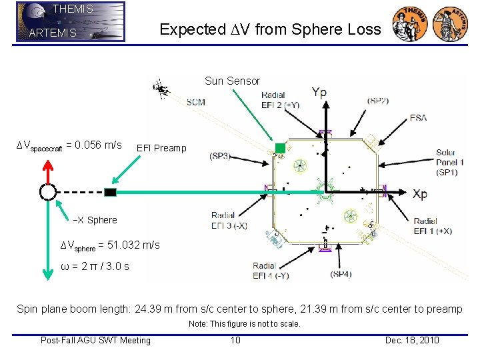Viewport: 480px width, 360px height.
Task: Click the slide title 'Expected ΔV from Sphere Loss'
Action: click(x=270, y=29)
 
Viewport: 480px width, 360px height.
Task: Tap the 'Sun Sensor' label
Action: click(x=232, y=81)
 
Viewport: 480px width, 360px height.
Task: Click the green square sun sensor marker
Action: click(x=281, y=148)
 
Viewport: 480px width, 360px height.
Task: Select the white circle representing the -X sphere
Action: click(x=47, y=192)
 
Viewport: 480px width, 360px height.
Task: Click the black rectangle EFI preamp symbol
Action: click(x=110, y=192)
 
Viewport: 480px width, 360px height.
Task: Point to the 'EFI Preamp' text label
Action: click(x=161, y=148)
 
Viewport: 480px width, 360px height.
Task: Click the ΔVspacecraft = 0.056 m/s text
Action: click(x=69, y=145)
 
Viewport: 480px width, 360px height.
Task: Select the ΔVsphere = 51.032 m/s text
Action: click(x=110, y=245)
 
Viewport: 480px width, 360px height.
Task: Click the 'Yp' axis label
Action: click(x=319, y=93)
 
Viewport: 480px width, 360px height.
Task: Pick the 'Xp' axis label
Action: click(x=420, y=194)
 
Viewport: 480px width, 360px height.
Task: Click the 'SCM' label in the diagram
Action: click(x=196, y=102)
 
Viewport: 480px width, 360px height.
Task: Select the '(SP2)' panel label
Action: click(x=378, y=101)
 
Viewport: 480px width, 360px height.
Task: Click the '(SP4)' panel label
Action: click(x=341, y=273)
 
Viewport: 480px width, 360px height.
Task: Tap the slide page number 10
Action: click(x=235, y=341)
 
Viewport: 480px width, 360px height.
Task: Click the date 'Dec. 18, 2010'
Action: click(x=412, y=341)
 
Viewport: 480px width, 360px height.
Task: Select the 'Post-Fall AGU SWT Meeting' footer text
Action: click(x=95, y=341)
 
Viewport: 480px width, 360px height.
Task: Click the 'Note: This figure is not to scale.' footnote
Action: click(x=244, y=324)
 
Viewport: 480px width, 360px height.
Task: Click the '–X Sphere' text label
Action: click(x=95, y=220)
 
